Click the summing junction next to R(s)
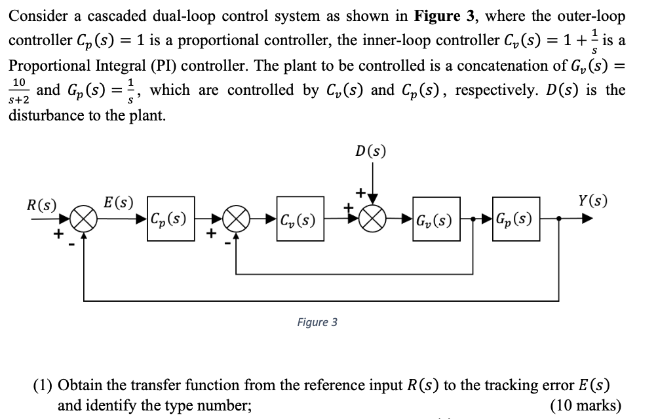[84, 219]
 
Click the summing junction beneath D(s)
[372, 219]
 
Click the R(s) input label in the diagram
[41, 203]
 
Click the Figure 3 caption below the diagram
[317, 322]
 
